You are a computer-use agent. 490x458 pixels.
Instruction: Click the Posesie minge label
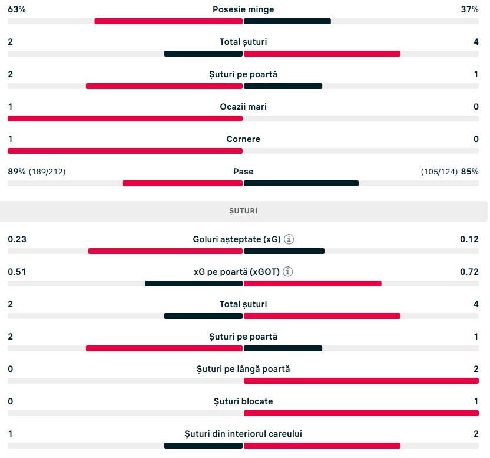point(243,9)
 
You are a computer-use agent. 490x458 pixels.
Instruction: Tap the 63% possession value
point(16,9)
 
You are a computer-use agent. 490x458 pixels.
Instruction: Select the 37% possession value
point(470,9)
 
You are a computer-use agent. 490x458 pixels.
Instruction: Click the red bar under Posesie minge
point(168,21)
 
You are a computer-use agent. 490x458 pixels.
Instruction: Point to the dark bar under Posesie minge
point(287,21)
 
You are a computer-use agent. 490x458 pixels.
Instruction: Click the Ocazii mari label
point(243,107)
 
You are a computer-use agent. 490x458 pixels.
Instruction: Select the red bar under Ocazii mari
point(125,118)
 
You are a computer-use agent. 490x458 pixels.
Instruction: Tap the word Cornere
point(243,139)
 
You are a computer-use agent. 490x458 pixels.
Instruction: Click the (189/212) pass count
point(47,172)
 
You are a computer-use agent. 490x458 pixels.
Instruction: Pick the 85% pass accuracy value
point(470,172)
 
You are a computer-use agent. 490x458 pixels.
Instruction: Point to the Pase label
point(243,172)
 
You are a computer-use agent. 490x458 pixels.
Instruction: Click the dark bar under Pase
point(302,183)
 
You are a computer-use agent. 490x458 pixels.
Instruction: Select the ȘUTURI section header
point(243,211)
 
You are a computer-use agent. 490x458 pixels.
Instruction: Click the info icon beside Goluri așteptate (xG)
point(289,239)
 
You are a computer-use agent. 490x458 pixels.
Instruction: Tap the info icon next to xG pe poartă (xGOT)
point(288,272)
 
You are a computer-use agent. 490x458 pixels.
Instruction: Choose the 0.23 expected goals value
point(17,239)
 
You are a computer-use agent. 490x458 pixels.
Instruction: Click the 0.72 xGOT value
point(469,272)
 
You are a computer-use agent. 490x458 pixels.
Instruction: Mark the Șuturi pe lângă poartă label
point(243,369)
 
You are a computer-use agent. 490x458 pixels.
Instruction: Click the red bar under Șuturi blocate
point(361,413)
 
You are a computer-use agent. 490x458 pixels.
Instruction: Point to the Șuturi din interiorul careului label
point(243,434)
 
